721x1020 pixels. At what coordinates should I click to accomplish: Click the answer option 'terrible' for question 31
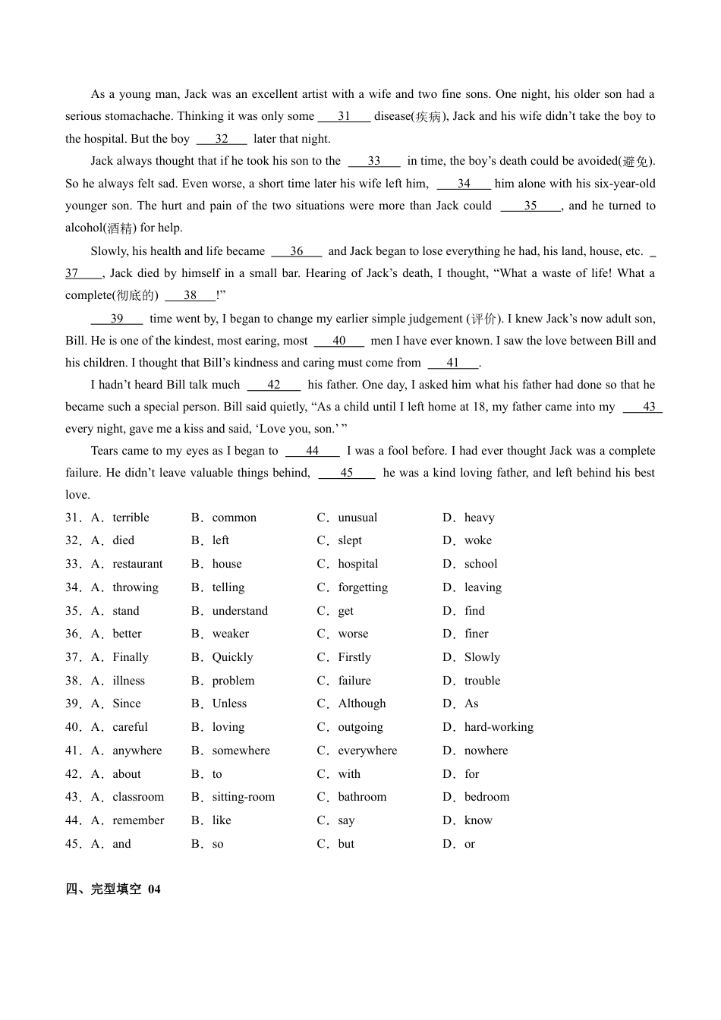[x=131, y=518]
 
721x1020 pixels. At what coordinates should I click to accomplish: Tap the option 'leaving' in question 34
[x=483, y=587]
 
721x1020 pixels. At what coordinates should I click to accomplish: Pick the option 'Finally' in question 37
[x=131, y=657]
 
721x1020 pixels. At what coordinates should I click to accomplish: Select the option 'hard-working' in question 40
[x=499, y=727]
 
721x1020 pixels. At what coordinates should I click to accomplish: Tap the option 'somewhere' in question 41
[x=241, y=751]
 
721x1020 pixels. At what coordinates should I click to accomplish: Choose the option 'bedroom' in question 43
[x=486, y=797]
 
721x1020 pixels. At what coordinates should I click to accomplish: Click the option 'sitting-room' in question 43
[x=243, y=797]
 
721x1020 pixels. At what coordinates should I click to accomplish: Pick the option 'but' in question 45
[x=346, y=844]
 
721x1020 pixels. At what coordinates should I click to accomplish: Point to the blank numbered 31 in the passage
[x=344, y=116]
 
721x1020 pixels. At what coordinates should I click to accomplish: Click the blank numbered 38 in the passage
[x=190, y=295]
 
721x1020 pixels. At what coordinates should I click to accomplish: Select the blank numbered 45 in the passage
[x=347, y=473]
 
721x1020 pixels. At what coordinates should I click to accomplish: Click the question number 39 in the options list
[x=73, y=704]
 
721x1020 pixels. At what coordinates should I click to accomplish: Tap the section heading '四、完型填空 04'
[x=113, y=889]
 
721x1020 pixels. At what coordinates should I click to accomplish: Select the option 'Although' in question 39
[x=362, y=704]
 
